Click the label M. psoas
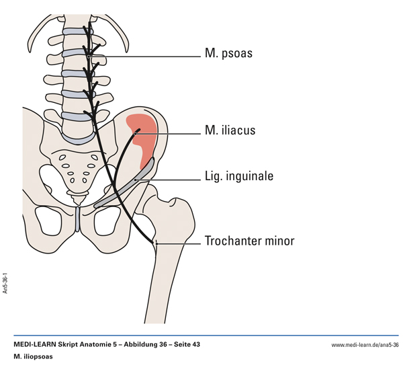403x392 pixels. click(228, 53)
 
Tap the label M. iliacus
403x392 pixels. click(230, 130)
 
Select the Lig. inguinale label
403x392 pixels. click(238, 178)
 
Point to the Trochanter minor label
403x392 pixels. click(249, 241)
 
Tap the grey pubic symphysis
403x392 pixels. click(79, 217)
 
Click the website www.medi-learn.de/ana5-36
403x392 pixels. click(365, 345)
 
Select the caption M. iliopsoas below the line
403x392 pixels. click(33, 356)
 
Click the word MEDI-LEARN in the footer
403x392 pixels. click(35, 345)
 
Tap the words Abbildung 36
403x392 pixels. click(134, 345)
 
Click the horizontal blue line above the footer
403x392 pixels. click(201, 335)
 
